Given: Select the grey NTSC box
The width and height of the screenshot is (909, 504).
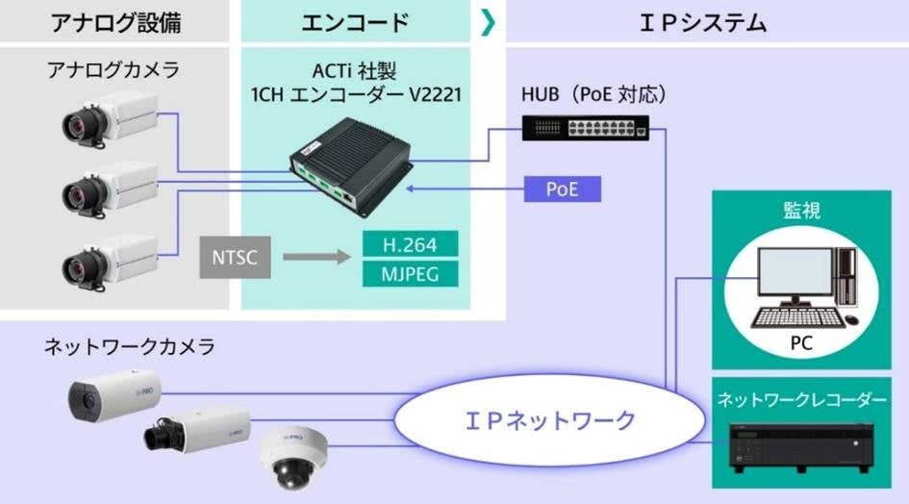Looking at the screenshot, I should pos(229,257).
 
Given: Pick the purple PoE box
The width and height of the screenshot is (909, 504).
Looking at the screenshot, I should pos(562,189).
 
